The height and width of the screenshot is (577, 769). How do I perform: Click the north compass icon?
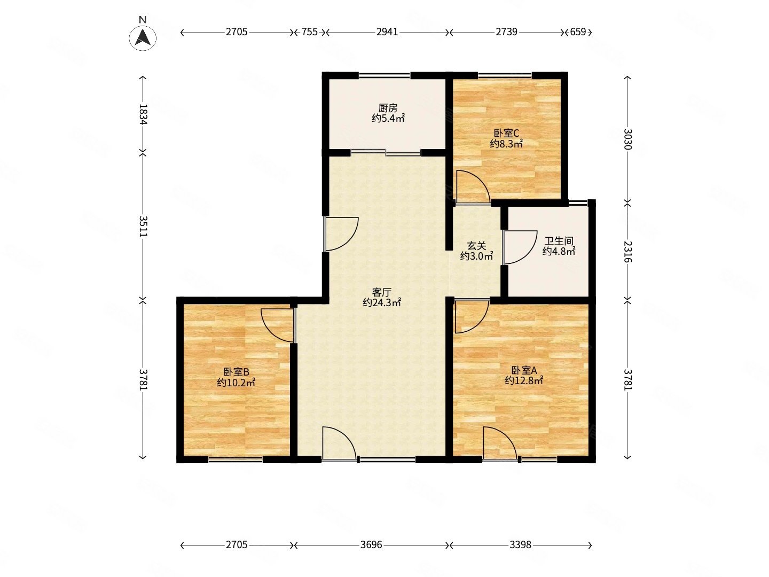[142, 38]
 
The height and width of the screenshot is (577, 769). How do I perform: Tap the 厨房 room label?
[388, 108]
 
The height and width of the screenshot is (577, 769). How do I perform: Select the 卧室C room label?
[506, 133]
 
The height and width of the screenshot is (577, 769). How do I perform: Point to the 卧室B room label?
[236, 372]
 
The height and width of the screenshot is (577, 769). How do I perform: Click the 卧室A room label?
[523, 370]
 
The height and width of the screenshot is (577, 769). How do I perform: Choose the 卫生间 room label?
[559, 241]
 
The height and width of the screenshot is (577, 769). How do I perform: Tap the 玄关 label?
[476, 246]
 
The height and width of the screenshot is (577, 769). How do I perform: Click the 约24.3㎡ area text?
[381, 302]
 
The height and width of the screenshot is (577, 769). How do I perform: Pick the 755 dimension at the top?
[309, 32]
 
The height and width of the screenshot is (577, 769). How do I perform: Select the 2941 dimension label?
[387, 32]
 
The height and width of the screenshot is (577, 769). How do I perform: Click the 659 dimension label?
[577, 32]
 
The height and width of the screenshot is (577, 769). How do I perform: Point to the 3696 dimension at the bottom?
[371, 545]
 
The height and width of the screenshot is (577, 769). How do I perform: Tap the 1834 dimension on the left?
[143, 114]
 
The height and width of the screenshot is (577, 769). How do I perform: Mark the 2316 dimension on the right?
[627, 252]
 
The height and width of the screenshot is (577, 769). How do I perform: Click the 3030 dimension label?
[627, 139]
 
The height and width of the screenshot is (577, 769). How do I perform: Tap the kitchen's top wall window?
[384, 75]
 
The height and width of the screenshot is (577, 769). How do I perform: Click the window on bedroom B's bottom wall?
[235, 459]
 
